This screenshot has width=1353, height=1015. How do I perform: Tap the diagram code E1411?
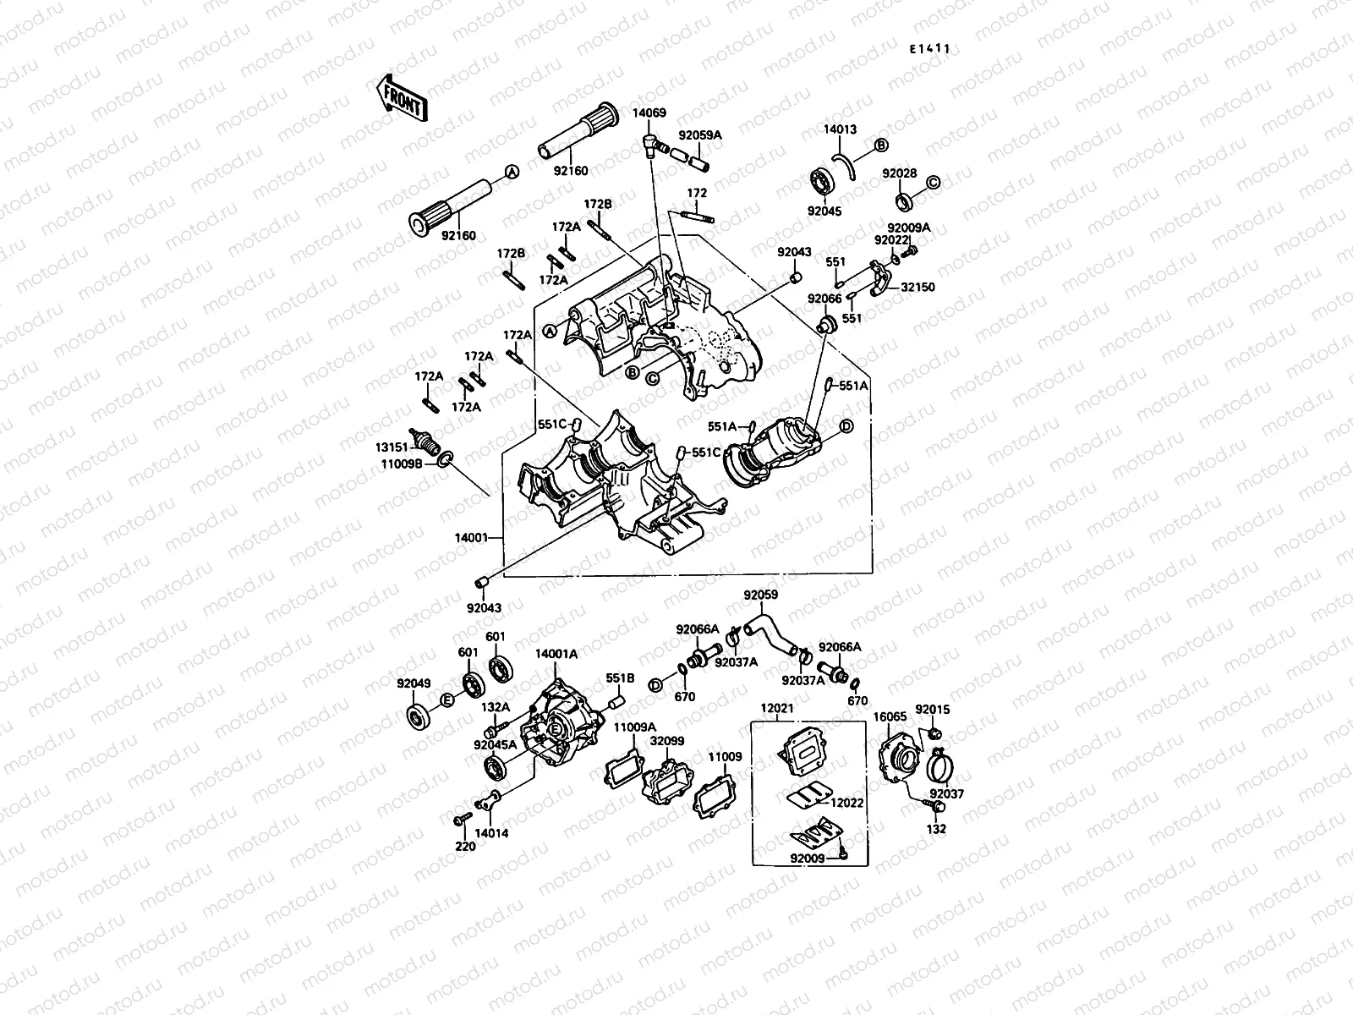(928, 49)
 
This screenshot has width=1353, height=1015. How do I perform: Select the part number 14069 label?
(649, 112)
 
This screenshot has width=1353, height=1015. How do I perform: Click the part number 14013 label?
(841, 129)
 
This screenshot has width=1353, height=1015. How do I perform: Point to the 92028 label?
(900, 173)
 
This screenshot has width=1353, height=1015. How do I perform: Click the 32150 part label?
(918, 288)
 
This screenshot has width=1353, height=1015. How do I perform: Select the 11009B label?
(396, 464)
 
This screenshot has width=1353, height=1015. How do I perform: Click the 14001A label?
(556, 653)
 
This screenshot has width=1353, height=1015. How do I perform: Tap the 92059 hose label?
(760, 595)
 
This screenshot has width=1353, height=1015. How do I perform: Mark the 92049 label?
(414, 683)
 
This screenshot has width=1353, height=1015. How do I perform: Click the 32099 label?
(666, 740)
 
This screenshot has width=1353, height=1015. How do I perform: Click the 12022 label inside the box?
(846, 802)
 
